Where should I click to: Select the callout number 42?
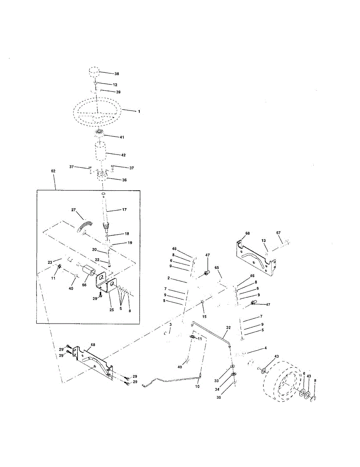(123, 155)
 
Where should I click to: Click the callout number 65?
(217, 268)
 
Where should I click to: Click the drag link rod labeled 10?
(171, 379)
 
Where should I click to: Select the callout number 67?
(278, 233)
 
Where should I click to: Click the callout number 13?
(264, 241)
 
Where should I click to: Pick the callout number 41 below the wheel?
(122, 137)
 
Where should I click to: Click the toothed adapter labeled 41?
(98, 134)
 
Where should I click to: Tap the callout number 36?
(125, 180)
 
